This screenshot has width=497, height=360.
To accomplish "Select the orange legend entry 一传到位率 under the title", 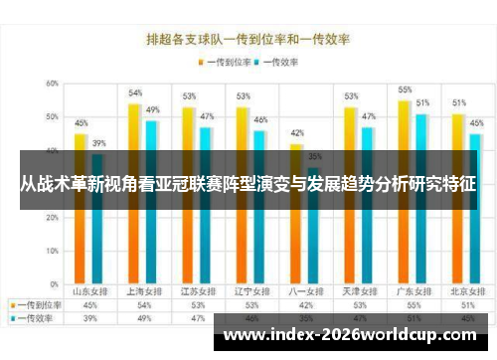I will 223,62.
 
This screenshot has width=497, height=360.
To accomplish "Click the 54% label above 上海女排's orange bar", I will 135,93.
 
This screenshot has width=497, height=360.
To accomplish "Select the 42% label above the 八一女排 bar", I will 296,133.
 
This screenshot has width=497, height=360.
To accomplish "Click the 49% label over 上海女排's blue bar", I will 153,109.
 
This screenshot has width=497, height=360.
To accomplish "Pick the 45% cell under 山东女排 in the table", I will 90,305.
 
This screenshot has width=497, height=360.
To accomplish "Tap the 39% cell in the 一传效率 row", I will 90,318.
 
